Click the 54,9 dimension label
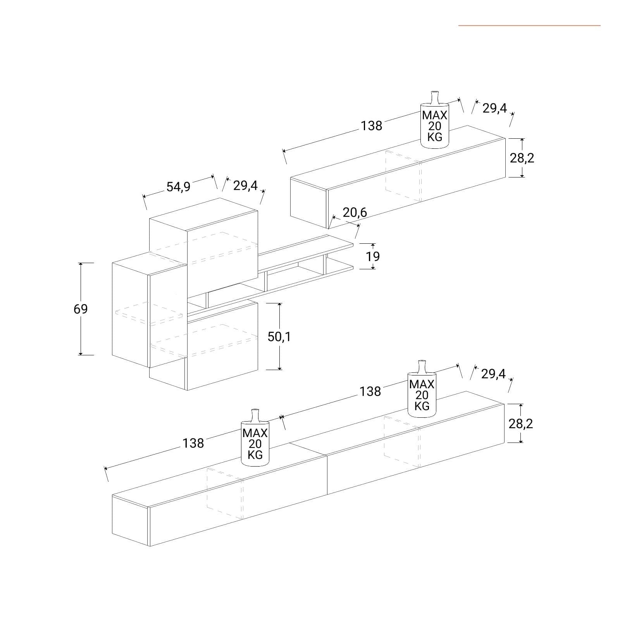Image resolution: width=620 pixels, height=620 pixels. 178,187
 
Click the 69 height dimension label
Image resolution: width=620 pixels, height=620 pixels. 81,309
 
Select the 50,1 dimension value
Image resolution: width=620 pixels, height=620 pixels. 279,337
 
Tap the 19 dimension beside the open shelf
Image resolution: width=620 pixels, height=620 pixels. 373,256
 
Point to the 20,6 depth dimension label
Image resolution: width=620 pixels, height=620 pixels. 355,212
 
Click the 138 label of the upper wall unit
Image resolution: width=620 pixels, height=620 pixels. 372,126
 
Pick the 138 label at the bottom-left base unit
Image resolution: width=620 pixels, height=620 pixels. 193,443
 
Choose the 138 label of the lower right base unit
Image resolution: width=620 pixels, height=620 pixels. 370,391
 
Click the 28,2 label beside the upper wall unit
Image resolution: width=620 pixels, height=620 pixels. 522,158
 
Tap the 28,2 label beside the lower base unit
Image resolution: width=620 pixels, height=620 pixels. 521,424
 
